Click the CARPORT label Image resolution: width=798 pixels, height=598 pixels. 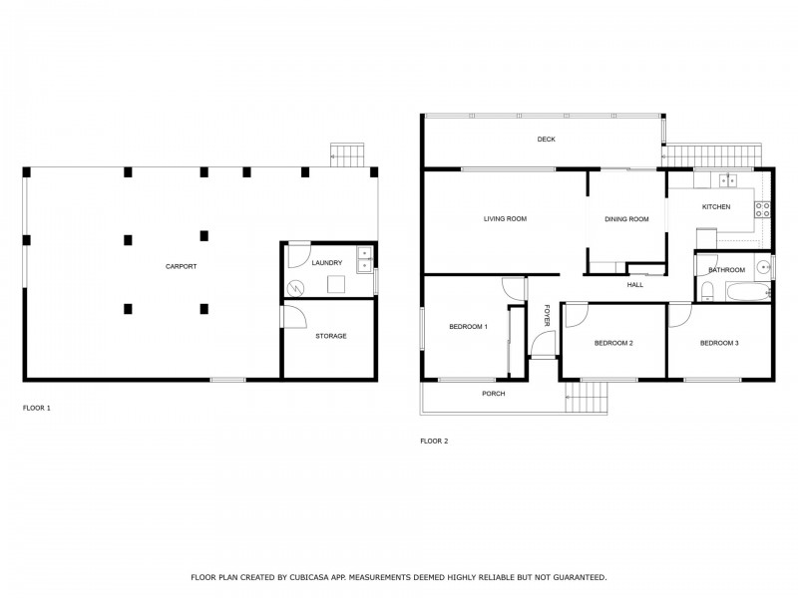pos(181,266)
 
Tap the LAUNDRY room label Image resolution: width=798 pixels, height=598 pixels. pos(327,263)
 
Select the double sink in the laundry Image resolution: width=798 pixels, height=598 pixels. pos(364,260)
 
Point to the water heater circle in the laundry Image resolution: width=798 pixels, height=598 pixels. pos(296,288)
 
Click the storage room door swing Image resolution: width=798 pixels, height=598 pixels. pos(293,317)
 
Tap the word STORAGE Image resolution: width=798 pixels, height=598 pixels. pos(331,336)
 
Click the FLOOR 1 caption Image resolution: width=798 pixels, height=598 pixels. pos(36,408)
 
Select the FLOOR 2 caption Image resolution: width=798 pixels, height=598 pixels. pos(434,440)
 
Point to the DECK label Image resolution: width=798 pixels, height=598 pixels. pos(546,140)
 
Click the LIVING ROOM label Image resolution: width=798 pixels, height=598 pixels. pos(505,219)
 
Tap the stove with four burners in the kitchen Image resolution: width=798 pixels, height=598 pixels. pos(762,209)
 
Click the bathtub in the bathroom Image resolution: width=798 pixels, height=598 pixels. pos(747,291)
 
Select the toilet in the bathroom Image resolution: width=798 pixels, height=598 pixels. pos(706,291)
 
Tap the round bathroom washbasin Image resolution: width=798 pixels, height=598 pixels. pos(763,266)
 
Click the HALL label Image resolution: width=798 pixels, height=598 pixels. pos(635,285)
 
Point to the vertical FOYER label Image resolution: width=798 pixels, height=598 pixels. pos(547,315)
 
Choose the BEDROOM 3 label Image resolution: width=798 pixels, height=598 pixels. pos(719,343)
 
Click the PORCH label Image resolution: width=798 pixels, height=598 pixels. pos(493,394)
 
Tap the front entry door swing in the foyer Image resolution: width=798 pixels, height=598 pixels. pos(543,345)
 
